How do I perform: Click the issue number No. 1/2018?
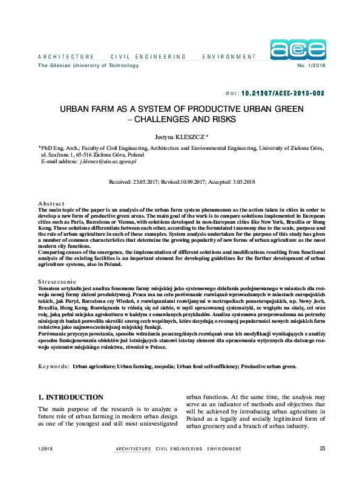click(312, 65)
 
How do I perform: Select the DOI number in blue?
click(284, 94)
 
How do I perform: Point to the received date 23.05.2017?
click(146, 181)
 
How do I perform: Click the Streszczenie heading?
click(57, 281)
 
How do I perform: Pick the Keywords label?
click(53, 366)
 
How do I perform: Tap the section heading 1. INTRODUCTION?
click(71, 397)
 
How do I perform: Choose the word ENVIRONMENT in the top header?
click(229, 56)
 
